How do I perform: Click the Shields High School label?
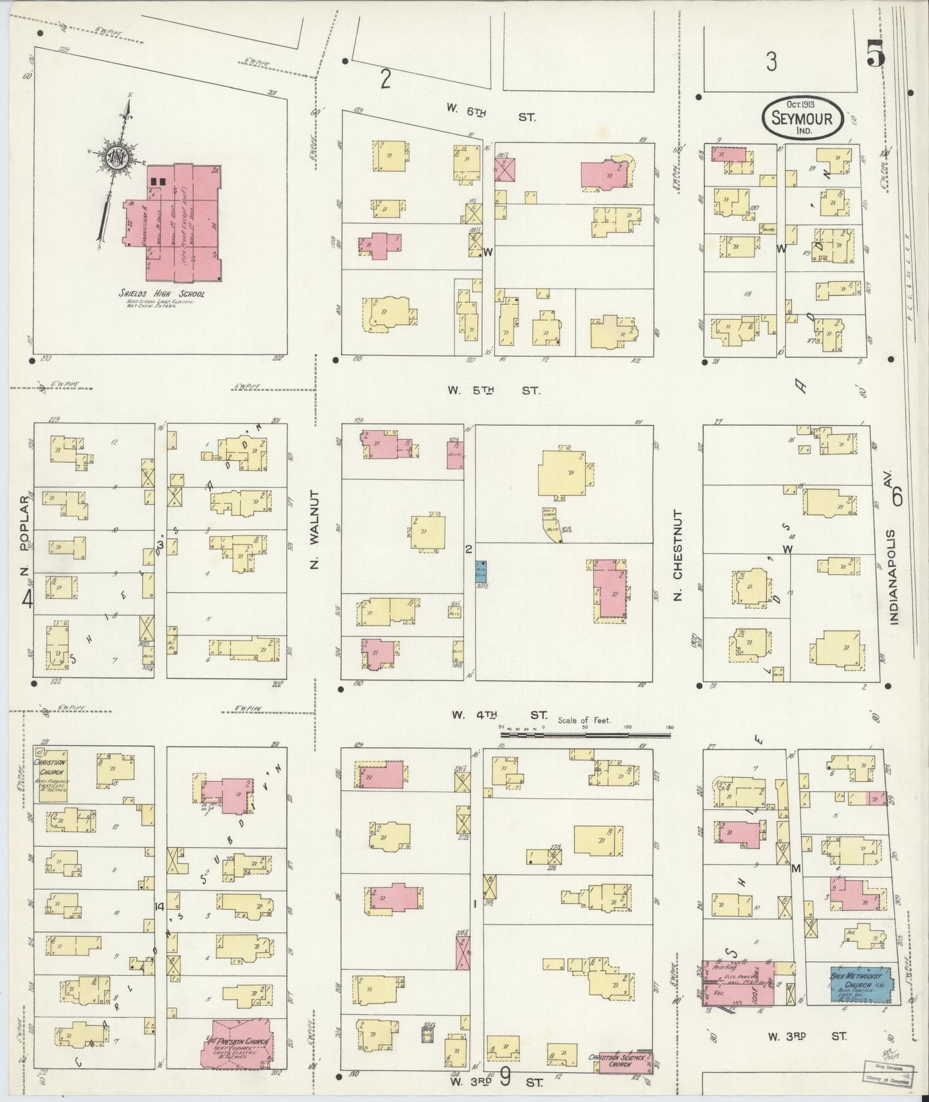161,294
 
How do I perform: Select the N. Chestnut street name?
677,556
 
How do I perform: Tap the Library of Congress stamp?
887,1080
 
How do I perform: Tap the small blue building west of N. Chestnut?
480,571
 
